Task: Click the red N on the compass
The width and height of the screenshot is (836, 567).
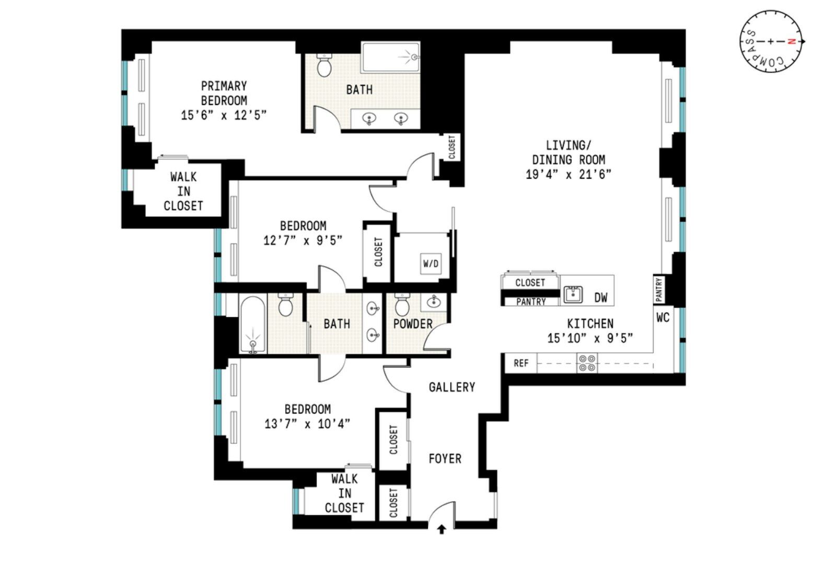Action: point(790,41)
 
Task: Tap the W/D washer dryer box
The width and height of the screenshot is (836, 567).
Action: point(431,264)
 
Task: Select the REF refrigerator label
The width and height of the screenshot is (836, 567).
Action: point(521,363)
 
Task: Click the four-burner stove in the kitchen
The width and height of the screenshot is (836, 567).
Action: point(587,363)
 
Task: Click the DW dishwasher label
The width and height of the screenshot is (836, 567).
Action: point(601,297)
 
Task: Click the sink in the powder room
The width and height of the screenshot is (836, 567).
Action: point(434,302)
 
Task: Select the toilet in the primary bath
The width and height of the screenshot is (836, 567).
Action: point(324,65)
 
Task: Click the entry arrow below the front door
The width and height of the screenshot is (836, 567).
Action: point(442,529)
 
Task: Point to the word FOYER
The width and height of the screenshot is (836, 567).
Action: point(445,458)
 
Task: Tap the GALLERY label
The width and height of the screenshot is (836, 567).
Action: point(452,387)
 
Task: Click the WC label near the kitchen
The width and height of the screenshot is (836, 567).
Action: point(663,318)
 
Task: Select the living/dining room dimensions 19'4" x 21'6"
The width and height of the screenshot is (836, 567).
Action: point(568,175)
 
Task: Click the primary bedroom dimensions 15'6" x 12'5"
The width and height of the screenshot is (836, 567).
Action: point(224,115)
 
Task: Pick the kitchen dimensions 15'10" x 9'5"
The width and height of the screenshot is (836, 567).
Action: point(590,338)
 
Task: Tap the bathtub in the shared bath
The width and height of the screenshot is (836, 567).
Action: point(253,325)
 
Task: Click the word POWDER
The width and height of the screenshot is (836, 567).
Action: point(413,324)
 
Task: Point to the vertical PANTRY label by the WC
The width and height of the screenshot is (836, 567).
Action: point(659,290)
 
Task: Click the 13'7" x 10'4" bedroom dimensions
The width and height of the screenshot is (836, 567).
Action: point(307,424)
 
